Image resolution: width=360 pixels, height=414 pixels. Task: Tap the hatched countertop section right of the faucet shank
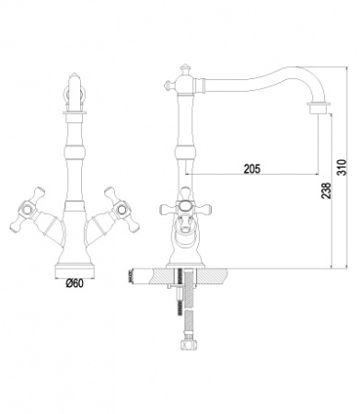pyautogui.click(x=221, y=274)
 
